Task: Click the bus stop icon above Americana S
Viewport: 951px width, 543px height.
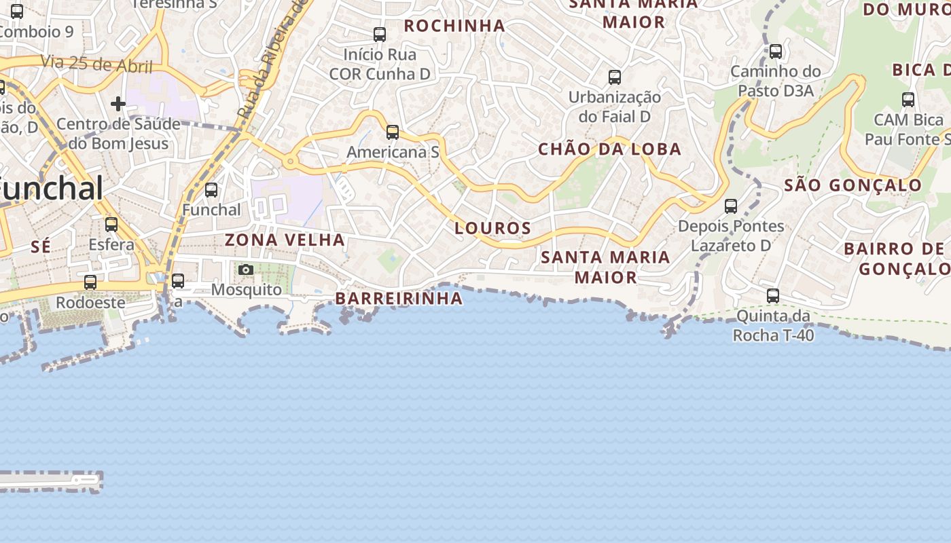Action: point(393,132)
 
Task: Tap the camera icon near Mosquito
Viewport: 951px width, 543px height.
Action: point(246,270)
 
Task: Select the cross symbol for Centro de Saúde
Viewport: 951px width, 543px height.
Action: point(118,104)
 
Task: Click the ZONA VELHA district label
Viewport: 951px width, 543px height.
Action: point(285,240)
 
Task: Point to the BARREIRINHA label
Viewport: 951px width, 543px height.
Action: point(399,299)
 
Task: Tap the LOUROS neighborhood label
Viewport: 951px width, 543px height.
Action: point(492,228)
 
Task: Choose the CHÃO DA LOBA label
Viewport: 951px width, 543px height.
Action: point(609,149)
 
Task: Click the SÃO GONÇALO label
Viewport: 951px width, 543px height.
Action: point(853,185)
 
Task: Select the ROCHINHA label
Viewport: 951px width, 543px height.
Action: point(454,26)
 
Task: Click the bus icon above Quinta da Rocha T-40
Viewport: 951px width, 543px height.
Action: point(773,296)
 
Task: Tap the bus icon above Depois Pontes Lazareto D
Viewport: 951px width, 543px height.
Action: point(731,206)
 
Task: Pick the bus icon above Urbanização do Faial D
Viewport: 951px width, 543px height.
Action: point(615,77)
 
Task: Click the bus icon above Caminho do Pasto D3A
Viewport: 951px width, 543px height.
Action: point(775,52)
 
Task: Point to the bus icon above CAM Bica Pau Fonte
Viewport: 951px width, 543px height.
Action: point(908,100)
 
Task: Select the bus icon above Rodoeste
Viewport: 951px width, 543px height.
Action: point(90,282)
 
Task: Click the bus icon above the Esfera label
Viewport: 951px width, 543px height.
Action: point(111,225)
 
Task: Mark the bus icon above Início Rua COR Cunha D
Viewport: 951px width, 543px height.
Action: point(380,35)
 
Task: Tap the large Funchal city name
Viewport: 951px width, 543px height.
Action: point(51,188)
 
